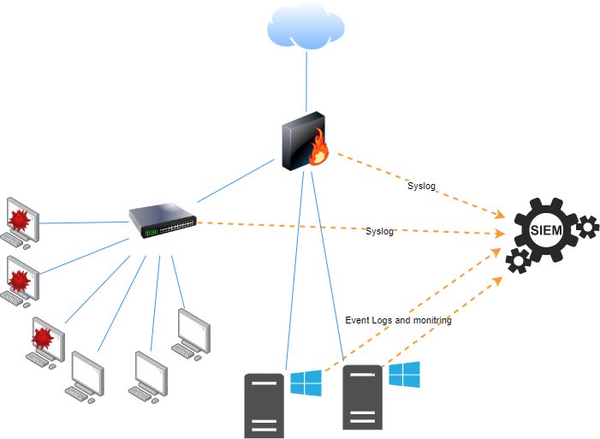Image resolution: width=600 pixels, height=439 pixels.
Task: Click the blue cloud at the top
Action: point(306,26)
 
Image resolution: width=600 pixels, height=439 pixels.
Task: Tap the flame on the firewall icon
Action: point(320,147)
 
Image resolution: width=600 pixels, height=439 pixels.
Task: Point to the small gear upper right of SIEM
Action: point(587,227)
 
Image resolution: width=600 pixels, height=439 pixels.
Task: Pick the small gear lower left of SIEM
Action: point(517,260)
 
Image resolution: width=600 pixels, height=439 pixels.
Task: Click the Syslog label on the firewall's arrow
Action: point(421,186)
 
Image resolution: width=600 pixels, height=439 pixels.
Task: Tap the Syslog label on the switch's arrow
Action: point(379,231)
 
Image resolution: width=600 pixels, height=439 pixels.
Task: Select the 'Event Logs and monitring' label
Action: point(398,320)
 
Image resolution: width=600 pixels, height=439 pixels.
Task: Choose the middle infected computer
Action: point(20,281)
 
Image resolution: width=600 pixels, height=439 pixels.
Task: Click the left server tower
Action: point(264,406)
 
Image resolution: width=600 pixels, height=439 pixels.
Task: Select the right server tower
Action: point(363,397)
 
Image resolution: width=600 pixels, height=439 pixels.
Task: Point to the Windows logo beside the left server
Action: point(306,383)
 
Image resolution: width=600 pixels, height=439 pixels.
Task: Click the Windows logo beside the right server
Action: point(404,374)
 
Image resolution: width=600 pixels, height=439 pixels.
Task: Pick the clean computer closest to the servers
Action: point(192,332)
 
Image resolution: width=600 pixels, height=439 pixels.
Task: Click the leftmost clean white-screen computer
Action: point(86,375)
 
